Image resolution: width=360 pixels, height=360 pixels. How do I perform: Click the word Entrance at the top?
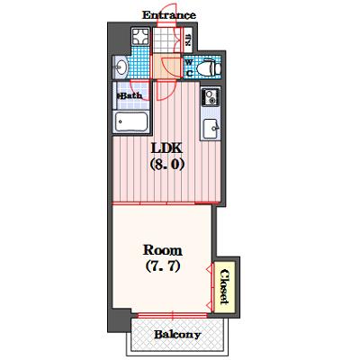(x=169, y=15)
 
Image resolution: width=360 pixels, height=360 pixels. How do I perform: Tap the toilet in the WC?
(x=209, y=67)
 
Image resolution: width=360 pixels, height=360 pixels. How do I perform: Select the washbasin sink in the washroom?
(x=121, y=67)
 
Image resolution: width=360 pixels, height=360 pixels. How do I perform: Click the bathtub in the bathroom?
(x=131, y=121)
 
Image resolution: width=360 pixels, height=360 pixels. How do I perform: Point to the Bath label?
(x=130, y=96)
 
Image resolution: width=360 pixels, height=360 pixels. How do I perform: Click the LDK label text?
(x=166, y=148)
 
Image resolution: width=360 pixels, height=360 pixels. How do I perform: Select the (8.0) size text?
(x=166, y=164)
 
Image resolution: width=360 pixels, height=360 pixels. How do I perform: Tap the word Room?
(x=162, y=250)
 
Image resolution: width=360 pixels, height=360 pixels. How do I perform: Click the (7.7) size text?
(x=163, y=265)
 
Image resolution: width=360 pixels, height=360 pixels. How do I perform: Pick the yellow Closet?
(x=223, y=287)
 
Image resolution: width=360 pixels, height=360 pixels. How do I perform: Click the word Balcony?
(x=177, y=335)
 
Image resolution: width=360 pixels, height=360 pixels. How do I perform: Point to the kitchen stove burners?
(x=211, y=96)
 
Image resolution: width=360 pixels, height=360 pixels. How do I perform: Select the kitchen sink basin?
(x=211, y=129)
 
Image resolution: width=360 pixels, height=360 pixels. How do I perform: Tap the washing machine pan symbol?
(x=140, y=36)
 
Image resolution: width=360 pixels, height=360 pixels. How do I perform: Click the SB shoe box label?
(x=187, y=40)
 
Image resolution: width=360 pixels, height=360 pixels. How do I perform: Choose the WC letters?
(x=189, y=67)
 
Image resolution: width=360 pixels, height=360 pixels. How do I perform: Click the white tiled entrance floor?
(x=167, y=40)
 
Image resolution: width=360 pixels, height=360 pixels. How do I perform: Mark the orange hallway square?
(x=167, y=67)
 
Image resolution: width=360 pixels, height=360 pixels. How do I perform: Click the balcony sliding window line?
(x=173, y=315)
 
